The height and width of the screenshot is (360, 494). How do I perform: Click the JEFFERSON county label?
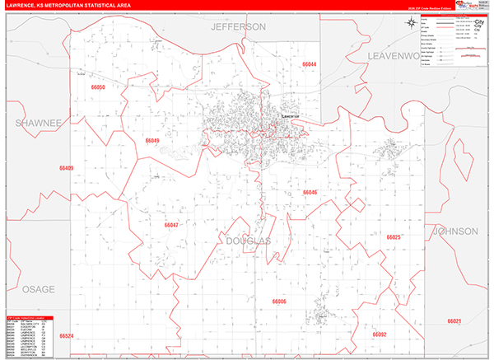coord(239,26)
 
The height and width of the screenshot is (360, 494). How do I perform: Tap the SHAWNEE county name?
coord(38,123)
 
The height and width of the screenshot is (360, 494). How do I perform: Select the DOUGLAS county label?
coord(248,241)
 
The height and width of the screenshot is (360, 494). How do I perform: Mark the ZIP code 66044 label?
coord(310,64)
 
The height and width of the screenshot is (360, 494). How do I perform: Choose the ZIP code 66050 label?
coord(99,86)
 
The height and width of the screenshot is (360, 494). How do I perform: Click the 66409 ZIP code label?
coord(67,168)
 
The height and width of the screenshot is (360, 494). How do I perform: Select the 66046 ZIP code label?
coord(310,192)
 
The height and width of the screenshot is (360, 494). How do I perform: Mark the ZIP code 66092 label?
coord(380,334)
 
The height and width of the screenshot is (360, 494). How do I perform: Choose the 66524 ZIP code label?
coord(67,336)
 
